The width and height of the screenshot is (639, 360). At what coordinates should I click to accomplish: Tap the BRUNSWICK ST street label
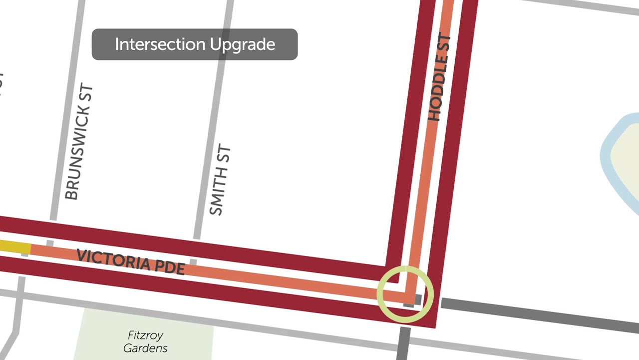[x=79, y=143]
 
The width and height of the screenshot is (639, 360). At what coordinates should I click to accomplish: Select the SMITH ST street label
[x=220, y=180]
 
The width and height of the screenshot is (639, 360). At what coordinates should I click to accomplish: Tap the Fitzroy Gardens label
[x=145, y=341]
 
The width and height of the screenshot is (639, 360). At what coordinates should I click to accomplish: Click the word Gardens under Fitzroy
[x=145, y=348]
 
